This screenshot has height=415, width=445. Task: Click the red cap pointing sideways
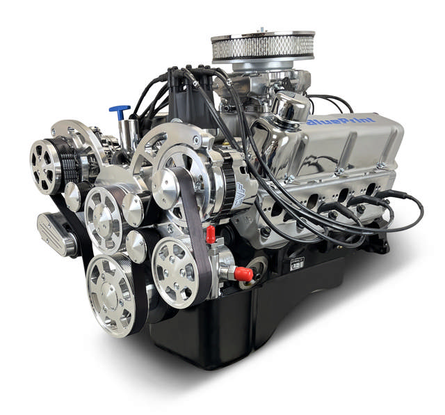[243, 274]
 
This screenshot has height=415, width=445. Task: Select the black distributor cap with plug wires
[182, 104]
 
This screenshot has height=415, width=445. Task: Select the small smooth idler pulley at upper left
[72, 197]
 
